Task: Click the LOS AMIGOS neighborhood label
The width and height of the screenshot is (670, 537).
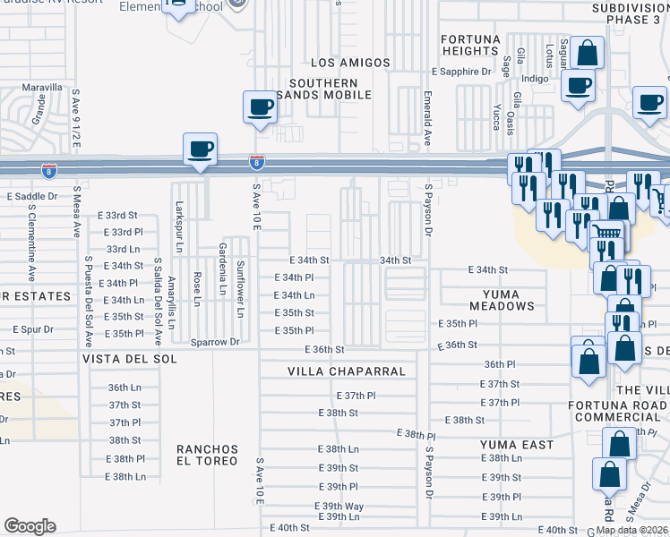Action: point(350,63)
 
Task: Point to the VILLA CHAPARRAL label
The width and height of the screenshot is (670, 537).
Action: point(347,371)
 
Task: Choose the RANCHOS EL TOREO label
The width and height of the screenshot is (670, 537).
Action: point(207,455)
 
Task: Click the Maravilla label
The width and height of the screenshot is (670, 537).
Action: point(43,88)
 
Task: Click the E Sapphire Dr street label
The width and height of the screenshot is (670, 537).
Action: point(462,71)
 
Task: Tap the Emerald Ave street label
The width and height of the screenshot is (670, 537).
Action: point(427,120)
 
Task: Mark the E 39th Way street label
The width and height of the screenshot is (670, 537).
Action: point(339,506)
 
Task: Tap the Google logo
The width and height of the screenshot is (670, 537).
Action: point(30,526)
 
